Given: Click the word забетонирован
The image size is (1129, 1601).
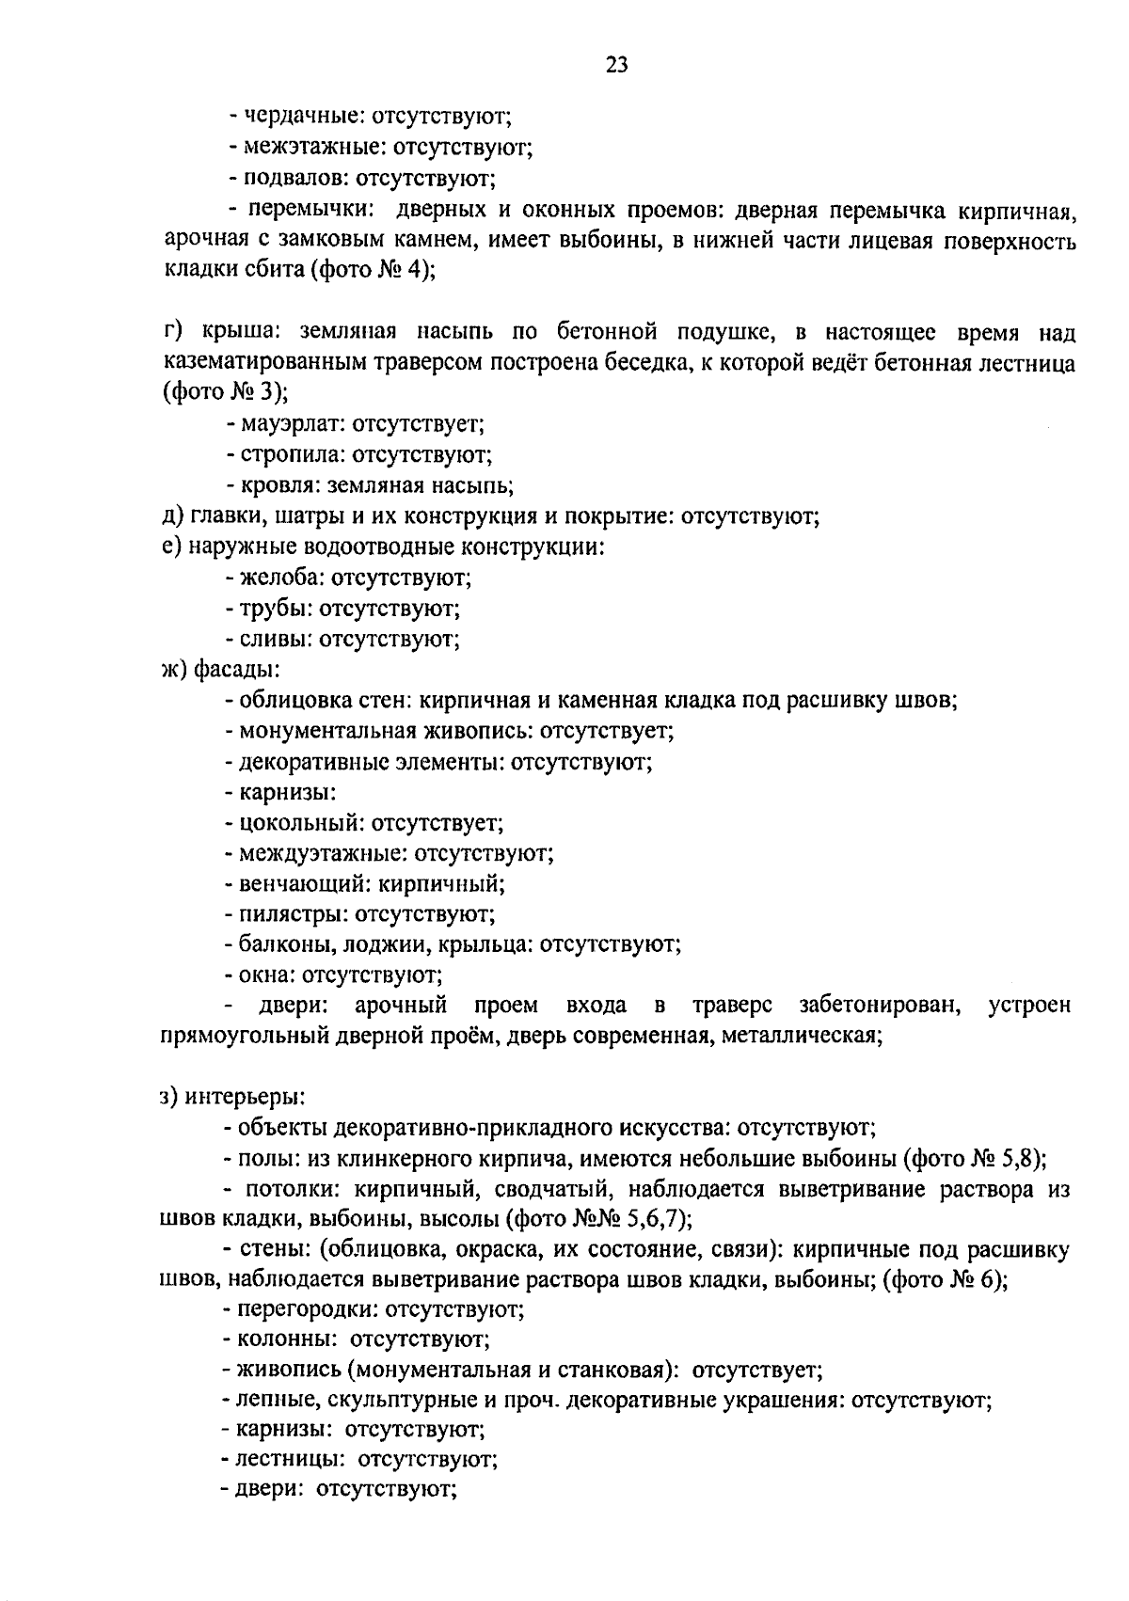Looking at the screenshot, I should tap(880, 1006).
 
